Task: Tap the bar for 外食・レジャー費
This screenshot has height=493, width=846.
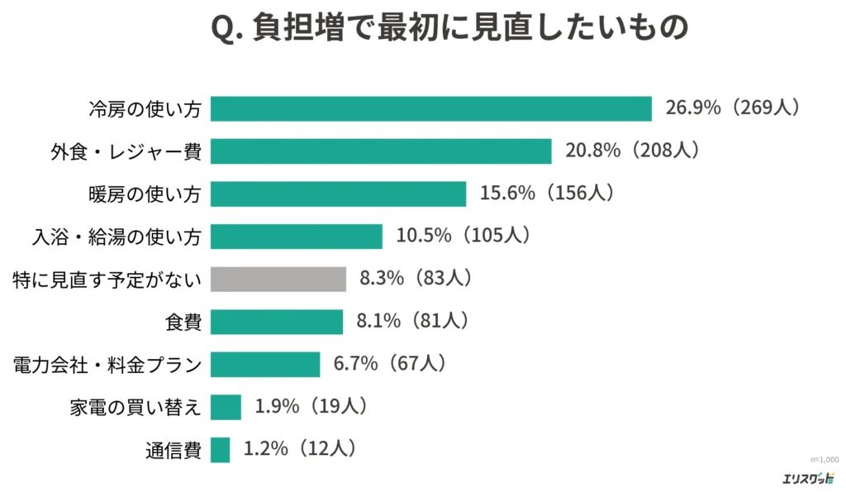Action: pos(381,151)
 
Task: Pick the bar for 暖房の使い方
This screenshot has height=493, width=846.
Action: pos(338,194)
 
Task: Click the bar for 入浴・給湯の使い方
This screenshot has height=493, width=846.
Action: pos(297,237)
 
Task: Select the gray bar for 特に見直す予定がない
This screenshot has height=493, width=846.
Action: pos(278,279)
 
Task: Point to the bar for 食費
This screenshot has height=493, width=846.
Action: pos(277,322)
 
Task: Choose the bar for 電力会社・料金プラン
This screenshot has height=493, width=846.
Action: pos(265,364)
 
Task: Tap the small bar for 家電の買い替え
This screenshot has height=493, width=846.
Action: pos(226,407)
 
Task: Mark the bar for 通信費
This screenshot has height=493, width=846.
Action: pos(220,450)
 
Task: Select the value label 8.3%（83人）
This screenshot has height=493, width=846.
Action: pos(416,279)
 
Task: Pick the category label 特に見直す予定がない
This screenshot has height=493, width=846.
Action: pos(107,279)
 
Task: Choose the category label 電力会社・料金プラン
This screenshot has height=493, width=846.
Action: pos(107,364)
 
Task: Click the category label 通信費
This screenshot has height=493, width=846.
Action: pos(173,450)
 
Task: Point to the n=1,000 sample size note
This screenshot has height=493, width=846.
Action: pos(824,459)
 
